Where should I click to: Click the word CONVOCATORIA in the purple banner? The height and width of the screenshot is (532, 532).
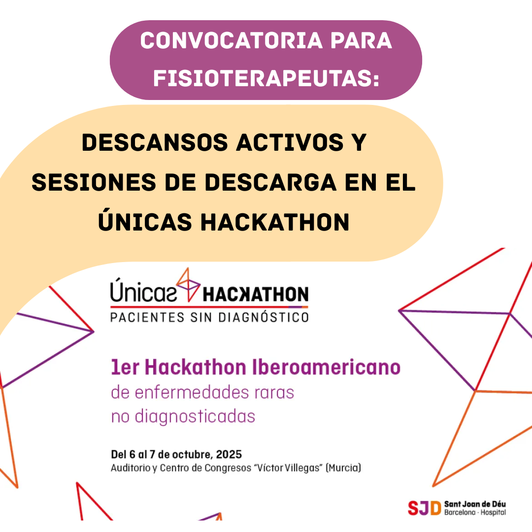[231, 41]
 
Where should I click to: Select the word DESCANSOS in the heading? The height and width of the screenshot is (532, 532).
[155, 142]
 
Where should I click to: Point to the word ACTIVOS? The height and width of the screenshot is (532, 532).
[290, 142]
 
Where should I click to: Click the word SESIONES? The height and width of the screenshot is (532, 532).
[94, 182]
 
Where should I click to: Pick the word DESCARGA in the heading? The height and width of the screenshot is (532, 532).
[270, 182]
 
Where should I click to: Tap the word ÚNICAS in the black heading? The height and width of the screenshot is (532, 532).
[145, 222]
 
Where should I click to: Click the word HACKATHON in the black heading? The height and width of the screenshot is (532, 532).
[275, 222]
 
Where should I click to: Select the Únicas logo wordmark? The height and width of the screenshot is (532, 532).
[143, 290]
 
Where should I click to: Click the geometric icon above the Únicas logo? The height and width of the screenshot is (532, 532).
[188, 284]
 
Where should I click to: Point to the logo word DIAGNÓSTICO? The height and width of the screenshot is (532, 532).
[263, 317]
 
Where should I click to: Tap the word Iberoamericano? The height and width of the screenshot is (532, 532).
[326, 367]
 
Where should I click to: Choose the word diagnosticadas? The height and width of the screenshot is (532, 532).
[195, 417]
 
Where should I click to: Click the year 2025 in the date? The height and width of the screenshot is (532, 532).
[229, 454]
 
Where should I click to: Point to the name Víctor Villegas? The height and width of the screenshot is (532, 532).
[288, 468]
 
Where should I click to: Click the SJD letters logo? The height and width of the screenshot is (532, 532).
[425, 508]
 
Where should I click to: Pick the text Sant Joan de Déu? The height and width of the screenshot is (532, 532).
[475, 504]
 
